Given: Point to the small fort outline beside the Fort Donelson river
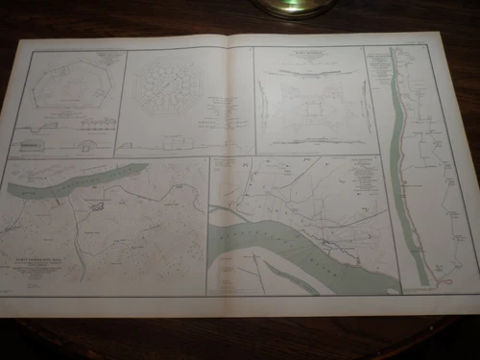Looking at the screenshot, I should tap(98, 204).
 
